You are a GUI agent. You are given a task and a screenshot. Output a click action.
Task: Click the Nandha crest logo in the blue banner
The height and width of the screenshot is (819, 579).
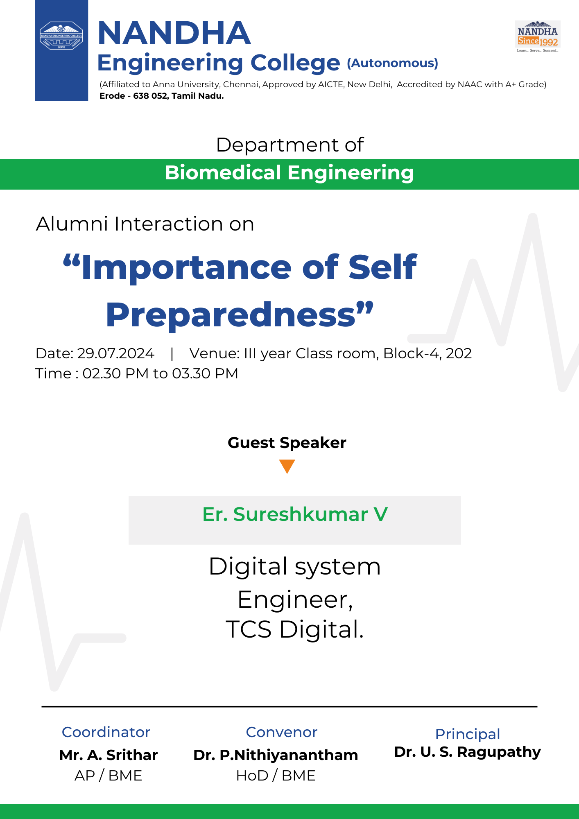coord(61,36)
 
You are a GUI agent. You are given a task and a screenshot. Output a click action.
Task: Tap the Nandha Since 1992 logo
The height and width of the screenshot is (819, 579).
coord(538,36)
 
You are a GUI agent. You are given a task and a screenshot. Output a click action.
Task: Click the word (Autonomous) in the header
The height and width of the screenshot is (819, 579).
coord(393,63)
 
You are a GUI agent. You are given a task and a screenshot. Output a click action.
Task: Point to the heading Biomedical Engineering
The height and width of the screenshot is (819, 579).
coord(289,173)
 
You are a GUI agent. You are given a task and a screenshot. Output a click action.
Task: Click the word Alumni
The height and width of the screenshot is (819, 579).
coord(72,224)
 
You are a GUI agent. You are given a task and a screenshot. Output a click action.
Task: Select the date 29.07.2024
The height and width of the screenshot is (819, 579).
coord(116,353)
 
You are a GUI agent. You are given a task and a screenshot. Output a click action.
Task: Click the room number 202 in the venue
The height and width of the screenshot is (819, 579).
coord(459,353)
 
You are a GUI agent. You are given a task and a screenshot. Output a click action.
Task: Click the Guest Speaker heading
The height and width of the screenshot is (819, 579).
coord(287,443)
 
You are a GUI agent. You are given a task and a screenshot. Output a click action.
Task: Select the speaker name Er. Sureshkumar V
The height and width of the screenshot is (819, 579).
coord(295,514)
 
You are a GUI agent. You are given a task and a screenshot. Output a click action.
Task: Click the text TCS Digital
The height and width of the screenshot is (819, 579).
coord(295,629)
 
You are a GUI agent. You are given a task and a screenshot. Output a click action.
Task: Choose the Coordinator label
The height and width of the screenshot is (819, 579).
coord(106,732)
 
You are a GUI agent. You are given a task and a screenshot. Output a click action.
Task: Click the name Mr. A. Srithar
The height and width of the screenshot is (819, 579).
coord(109,755)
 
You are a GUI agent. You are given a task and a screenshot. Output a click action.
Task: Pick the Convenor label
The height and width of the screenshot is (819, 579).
coord(282,732)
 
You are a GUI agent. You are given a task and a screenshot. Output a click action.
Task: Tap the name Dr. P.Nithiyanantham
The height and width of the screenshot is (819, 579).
coord(276,755)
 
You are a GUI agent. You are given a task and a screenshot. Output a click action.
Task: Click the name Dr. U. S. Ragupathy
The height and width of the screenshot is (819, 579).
coord(468,752)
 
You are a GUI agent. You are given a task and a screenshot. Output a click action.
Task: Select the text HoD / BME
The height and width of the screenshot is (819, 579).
coord(276,776)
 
